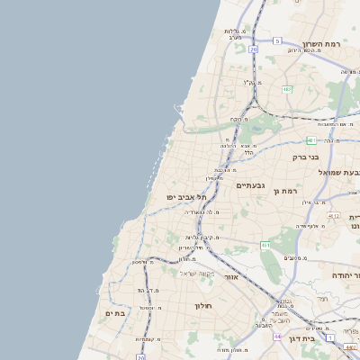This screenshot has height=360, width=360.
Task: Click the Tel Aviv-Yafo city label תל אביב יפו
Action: click(x=187, y=197)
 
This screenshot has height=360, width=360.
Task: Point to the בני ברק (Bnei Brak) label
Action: click(x=306, y=157)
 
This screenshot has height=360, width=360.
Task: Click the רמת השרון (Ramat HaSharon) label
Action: click(x=320, y=44)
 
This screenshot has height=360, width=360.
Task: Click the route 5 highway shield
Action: click(x=277, y=41)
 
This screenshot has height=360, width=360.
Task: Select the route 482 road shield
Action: click(x=286, y=90)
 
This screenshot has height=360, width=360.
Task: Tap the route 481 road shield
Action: click(x=310, y=140)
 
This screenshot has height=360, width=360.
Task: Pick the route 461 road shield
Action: click(x=265, y=244)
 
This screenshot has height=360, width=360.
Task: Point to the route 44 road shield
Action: click(x=277, y=335)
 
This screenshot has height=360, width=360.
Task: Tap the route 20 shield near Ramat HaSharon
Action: click(x=255, y=49)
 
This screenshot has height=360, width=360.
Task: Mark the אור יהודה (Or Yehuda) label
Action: click(x=345, y=274)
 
